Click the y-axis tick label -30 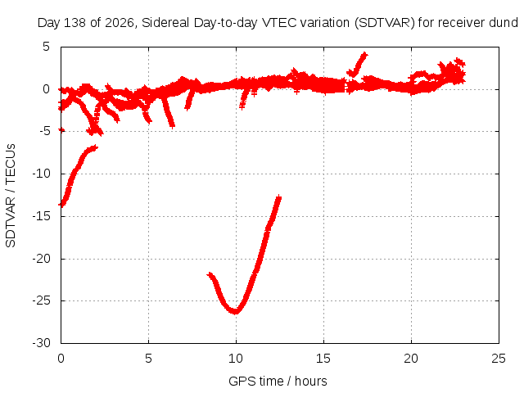(42, 343)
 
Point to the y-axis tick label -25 (42, 300)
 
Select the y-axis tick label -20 (42, 259)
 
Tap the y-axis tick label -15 (42, 216)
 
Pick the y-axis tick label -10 (42, 174)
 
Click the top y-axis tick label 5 (46, 47)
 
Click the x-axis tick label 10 (236, 359)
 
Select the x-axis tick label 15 (323, 359)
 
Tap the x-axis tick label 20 (411, 359)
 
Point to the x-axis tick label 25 (499, 359)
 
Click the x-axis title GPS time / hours (278, 382)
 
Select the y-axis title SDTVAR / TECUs (11, 196)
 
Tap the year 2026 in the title (119, 23)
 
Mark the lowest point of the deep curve (236, 312)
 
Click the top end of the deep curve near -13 (279, 197)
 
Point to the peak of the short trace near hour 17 (364, 55)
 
